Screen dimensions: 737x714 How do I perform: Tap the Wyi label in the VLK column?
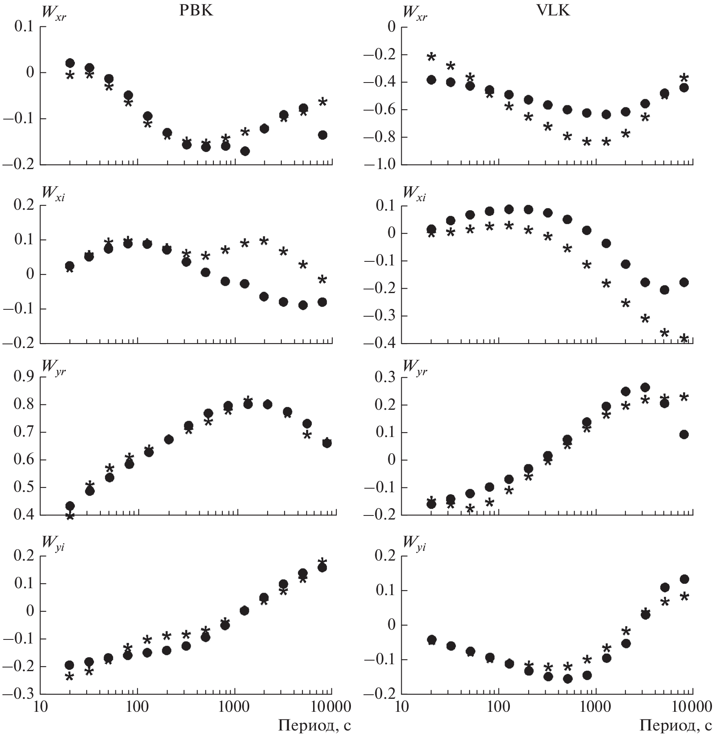coord(414,542)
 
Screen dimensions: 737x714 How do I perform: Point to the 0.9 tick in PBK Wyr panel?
coord(23,377)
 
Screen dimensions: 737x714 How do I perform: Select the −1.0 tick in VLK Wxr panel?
coord(381,165)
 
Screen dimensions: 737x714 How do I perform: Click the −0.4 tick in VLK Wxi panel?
coord(381,343)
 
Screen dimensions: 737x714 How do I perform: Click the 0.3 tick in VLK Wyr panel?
coord(384,377)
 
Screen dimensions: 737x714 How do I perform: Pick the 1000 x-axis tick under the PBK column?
coord(235,708)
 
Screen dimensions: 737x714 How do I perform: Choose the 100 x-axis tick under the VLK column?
coord(498,708)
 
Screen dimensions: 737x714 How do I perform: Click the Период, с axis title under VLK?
coord(676,726)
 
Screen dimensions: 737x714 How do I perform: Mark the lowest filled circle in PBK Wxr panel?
coord(245,151)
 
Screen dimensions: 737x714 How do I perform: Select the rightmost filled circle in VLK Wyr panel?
coord(684,435)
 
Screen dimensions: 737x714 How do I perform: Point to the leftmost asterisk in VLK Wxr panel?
coord(431,57)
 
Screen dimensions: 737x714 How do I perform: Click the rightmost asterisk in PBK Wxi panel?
coord(322,279)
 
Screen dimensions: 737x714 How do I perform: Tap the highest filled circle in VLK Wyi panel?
coord(684,579)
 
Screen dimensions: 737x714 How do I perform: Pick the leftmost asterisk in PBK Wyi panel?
coord(70,677)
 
